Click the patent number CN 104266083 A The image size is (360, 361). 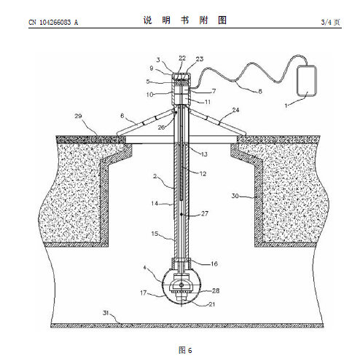click(x=53, y=23)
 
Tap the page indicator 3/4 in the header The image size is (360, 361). click(x=326, y=23)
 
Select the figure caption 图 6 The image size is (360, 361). click(x=185, y=350)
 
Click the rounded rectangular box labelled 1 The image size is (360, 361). click(x=307, y=82)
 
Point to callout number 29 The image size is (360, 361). click(x=78, y=116)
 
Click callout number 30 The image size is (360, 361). click(x=235, y=196)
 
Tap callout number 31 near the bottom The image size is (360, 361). click(x=106, y=313)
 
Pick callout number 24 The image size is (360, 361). click(x=235, y=110)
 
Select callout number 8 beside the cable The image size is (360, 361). click(x=260, y=92)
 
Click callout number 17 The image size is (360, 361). click(x=144, y=293)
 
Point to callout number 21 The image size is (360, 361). click(x=212, y=304)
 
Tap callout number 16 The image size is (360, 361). click(x=214, y=263)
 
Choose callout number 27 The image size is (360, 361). click(x=205, y=213)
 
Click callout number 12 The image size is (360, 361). click(x=203, y=174)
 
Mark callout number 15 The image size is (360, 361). click(x=154, y=234)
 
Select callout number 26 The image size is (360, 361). click(x=161, y=127)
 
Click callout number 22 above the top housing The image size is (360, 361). click(x=182, y=58)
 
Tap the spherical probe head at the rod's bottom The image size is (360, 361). click(x=181, y=287)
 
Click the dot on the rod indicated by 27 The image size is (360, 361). click(x=181, y=215)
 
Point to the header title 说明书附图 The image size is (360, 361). click(x=185, y=20)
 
